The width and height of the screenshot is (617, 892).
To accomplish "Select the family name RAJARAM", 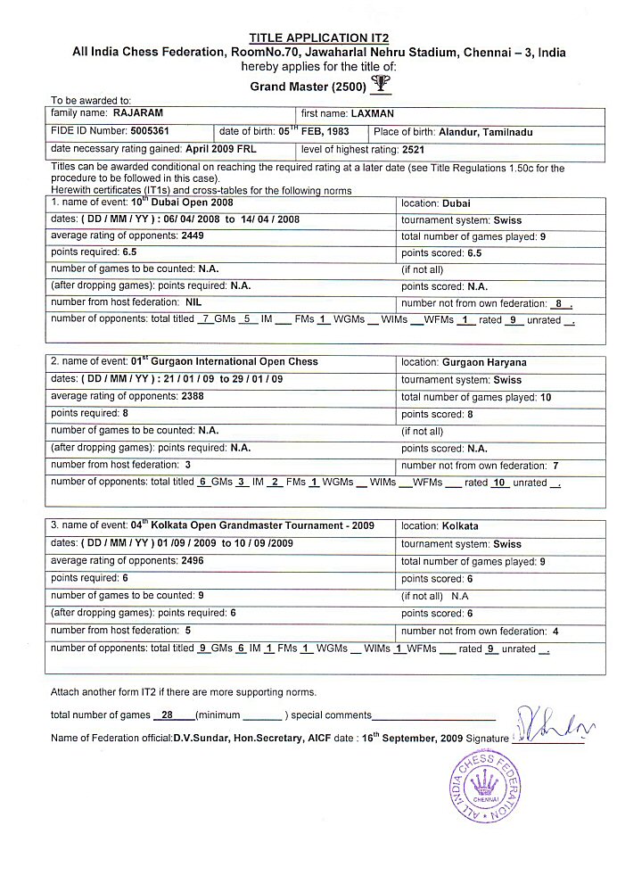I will [136, 114].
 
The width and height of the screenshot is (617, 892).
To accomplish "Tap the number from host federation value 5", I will [187, 630].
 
